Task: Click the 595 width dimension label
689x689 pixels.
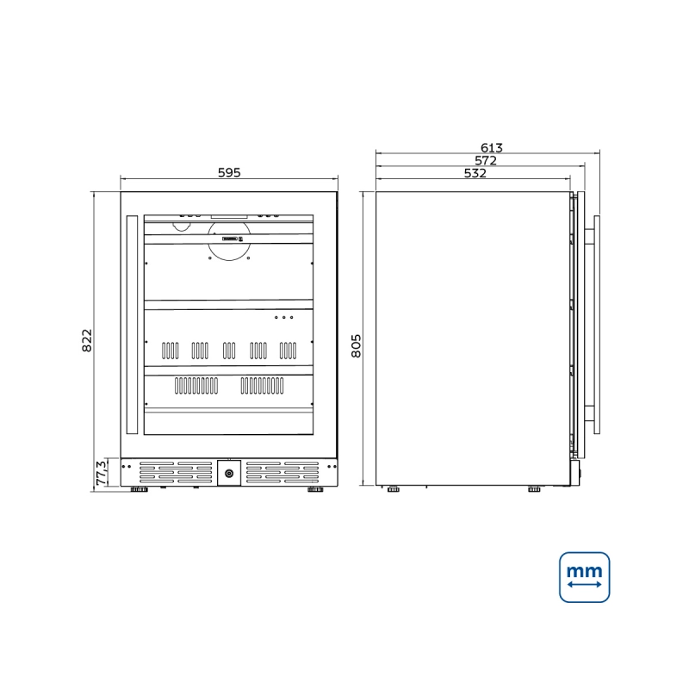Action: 229,173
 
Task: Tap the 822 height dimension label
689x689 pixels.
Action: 87,340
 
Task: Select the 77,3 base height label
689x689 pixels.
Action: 101,473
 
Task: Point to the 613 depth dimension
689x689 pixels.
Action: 491,147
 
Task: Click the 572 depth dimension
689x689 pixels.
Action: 486,160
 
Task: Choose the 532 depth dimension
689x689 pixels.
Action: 475,173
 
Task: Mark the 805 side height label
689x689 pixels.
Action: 356,346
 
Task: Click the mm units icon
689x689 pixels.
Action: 585,577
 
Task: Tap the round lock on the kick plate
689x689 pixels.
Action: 229,473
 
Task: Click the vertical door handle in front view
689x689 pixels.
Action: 132,325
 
